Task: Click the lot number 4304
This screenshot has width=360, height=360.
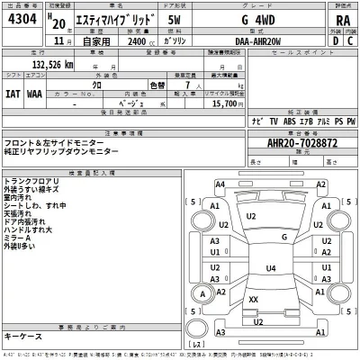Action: click(x=23, y=18)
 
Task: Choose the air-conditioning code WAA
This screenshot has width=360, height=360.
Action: click(x=33, y=92)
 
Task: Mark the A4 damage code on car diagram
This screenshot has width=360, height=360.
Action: click(x=220, y=184)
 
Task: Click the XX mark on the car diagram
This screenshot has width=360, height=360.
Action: click(x=254, y=299)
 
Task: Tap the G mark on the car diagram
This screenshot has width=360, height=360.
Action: click(x=284, y=238)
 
